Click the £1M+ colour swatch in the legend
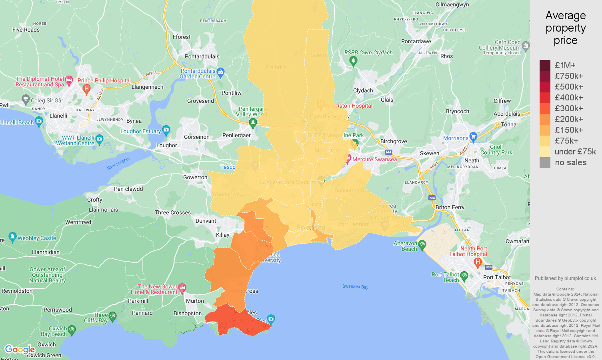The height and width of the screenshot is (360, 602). point(545,65)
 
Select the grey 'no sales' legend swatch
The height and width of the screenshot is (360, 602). point(545,162)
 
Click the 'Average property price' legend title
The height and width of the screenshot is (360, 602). point(566,28)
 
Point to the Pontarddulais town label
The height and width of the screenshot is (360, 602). point(202,56)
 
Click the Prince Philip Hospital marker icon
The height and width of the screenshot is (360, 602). point(86,89)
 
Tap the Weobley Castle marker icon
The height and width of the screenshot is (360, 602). point(12,237)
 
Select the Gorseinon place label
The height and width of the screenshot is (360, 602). point(197,137)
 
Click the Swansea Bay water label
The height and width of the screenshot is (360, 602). point(355,286)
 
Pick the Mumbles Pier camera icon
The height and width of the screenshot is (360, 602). point(271,319)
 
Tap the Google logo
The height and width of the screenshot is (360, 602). point(20,350)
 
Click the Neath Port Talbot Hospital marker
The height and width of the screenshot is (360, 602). point(477,262)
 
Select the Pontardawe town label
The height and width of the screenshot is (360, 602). point(416,41)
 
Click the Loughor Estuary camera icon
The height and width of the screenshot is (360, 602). point(166,130)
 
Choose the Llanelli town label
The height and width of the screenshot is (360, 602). point(58,116)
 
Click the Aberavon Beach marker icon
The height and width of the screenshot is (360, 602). point(422,244)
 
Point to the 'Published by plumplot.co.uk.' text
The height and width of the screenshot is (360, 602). point(566,278)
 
